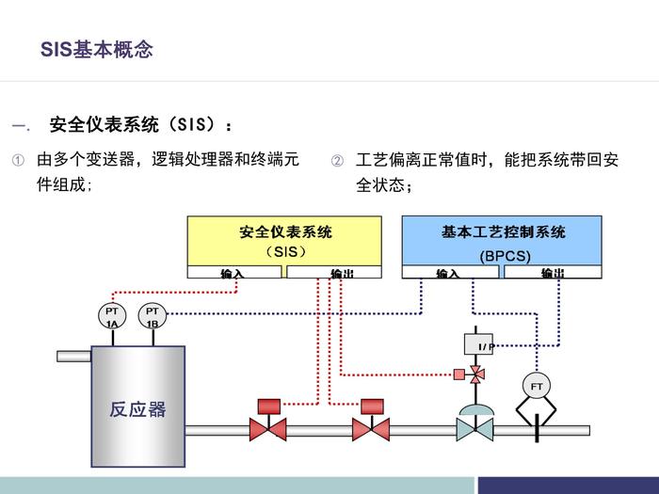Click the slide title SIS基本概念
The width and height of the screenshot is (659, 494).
pyautogui.click(x=96, y=50)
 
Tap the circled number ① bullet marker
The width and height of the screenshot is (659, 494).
pyautogui.click(x=17, y=160)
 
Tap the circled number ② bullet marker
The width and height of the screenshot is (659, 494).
pyautogui.click(x=337, y=160)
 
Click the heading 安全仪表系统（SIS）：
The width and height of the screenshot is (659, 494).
pyautogui.click(x=140, y=124)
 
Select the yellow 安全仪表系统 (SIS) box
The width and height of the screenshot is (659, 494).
pyautogui.click(x=284, y=241)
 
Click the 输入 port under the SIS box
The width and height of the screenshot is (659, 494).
pyautogui.click(x=233, y=273)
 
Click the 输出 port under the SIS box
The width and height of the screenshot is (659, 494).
pyautogui.click(x=334, y=273)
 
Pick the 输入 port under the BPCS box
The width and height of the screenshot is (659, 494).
pyautogui.click(x=448, y=273)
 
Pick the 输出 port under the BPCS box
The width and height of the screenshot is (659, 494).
pyautogui.click(x=552, y=273)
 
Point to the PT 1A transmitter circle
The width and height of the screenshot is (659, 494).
pyautogui.click(x=112, y=316)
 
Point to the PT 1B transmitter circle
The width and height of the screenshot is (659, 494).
pyautogui.click(x=153, y=316)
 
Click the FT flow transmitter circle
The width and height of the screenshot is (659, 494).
pyautogui.click(x=537, y=386)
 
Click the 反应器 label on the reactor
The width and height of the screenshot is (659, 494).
pyautogui.click(x=137, y=409)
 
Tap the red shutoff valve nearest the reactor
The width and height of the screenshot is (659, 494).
pyautogui.click(x=267, y=428)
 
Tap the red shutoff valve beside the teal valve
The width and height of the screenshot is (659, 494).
pyautogui.click(x=371, y=428)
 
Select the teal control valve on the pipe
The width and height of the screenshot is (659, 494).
pyautogui.click(x=474, y=428)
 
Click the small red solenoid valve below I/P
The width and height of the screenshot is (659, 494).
pyautogui.click(x=476, y=374)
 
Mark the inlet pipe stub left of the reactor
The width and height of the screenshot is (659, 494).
pyautogui.click(x=73, y=356)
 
